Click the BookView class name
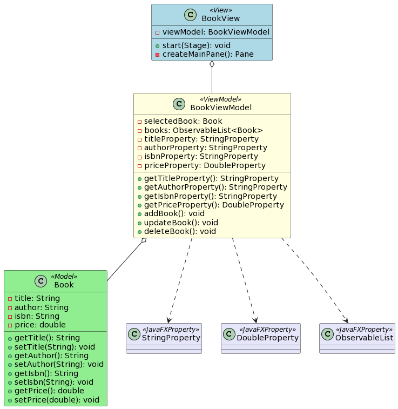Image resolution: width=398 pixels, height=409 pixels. pos(220,19)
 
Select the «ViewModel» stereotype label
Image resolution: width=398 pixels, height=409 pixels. pos(220,99)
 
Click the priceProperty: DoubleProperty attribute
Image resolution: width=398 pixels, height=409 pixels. pos(205,165)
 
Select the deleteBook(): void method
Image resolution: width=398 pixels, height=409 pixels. pos(181,231)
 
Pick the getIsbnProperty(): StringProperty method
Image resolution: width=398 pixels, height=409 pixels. pos(211,196)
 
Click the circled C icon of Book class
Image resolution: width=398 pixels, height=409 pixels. pos(41,281)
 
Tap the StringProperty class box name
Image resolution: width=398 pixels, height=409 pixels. pos(171,338)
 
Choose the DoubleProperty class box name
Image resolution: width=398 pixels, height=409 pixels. pos(267,338)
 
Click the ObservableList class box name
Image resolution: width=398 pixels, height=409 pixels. pos(364,338)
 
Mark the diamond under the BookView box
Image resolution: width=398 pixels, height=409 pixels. pos(212,65)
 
